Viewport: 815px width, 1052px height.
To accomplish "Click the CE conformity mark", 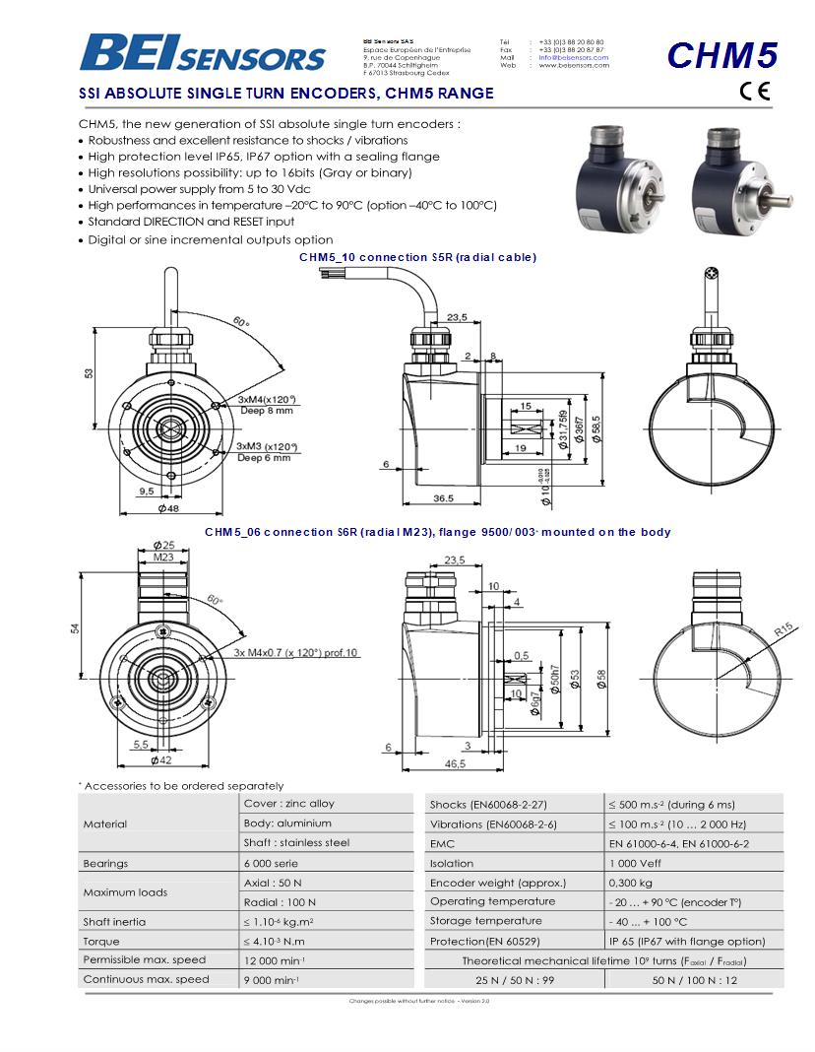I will pyautogui.click(x=755, y=94).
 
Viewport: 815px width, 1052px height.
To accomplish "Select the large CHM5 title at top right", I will pyautogui.click(x=721, y=55).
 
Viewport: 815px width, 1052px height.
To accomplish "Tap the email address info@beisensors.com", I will pyautogui.click(x=573, y=57).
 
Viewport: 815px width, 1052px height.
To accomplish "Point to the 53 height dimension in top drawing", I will pyautogui.click(x=89, y=373).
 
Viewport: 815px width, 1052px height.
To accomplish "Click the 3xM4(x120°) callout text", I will pyautogui.click(x=267, y=399).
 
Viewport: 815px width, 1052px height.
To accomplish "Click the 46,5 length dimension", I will pyautogui.click(x=454, y=763).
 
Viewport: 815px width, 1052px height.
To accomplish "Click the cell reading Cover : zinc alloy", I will pyautogui.click(x=288, y=803).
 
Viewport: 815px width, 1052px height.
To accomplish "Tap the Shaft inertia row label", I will pyautogui.click(x=114, y=921).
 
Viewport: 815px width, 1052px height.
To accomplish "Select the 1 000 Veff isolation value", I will pyautogui.click(x=635, y=863).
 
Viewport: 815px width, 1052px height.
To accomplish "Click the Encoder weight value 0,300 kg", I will pyautogui.click(x=631, y=883).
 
